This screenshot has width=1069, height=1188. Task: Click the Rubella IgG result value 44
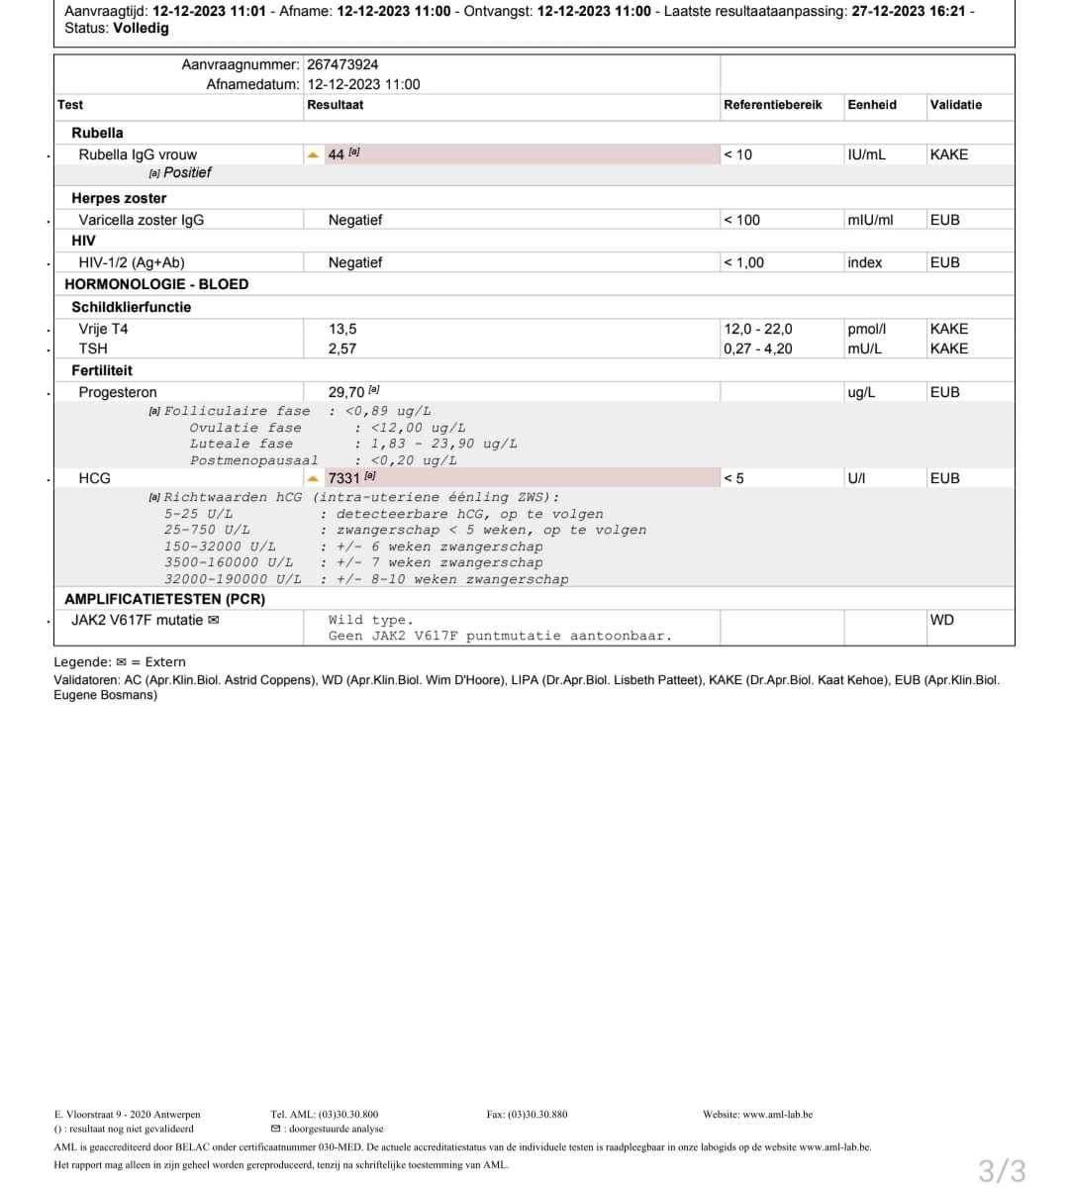click(x=337, y=154)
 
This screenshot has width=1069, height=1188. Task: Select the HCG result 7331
click(x=343, y=479)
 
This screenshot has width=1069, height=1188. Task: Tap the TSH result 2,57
click(x=342, y=348)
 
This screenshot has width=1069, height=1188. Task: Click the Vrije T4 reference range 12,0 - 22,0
click(x=757, y=329)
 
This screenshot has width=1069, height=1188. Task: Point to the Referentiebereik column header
click(x=772, y=105)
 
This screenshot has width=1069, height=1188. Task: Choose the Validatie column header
click(x=955, y=105)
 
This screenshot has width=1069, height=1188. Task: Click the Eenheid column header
click(x=872, y=105)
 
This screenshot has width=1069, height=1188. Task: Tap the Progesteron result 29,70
click(x=346, y=393)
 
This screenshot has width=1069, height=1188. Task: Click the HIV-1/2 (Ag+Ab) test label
click(x=132, y=262)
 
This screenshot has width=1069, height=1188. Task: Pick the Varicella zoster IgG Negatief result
click(x=355, y=220)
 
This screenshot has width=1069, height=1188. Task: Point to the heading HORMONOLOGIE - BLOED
click(x=156, y=284)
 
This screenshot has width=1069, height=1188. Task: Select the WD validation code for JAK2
click(x=941, y=621)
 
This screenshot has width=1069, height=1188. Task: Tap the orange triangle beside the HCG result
click(x=314, y=479)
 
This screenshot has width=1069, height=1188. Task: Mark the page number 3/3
click(x=1002, y=1170)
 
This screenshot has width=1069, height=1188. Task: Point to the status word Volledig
click(x=141, y=29)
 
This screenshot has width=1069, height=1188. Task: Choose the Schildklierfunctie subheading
click(x=131, y=307)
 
